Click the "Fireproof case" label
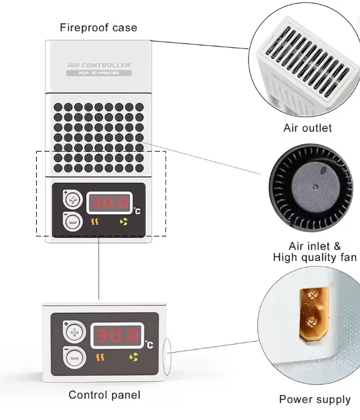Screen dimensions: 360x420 [x=99, y=28]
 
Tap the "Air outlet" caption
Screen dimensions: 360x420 [x=307, y=128]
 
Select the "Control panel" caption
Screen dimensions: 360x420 [x=104, y=395]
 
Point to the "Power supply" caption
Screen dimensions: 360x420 [x=315, y=399]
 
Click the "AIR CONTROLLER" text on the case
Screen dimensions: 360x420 [x=99, y=65]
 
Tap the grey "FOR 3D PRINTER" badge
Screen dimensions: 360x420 [x=99, y=73]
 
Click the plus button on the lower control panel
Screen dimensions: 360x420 [x=74, y=332]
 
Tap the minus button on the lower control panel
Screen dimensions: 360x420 [x=74, y=358]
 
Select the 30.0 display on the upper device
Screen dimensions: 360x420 [x=109, y=203]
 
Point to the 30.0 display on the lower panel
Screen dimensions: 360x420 [x=118, y=336]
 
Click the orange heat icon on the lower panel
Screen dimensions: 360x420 [x=100, y=358]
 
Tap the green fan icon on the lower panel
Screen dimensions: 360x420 [x=133, y=357]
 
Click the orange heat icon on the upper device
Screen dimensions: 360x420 [x=95, y=222]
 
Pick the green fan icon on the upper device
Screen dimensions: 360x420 [x=124, y=222]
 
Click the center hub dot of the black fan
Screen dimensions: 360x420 [x=316, y=187]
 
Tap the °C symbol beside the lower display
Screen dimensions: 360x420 [x=149, y=345]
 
